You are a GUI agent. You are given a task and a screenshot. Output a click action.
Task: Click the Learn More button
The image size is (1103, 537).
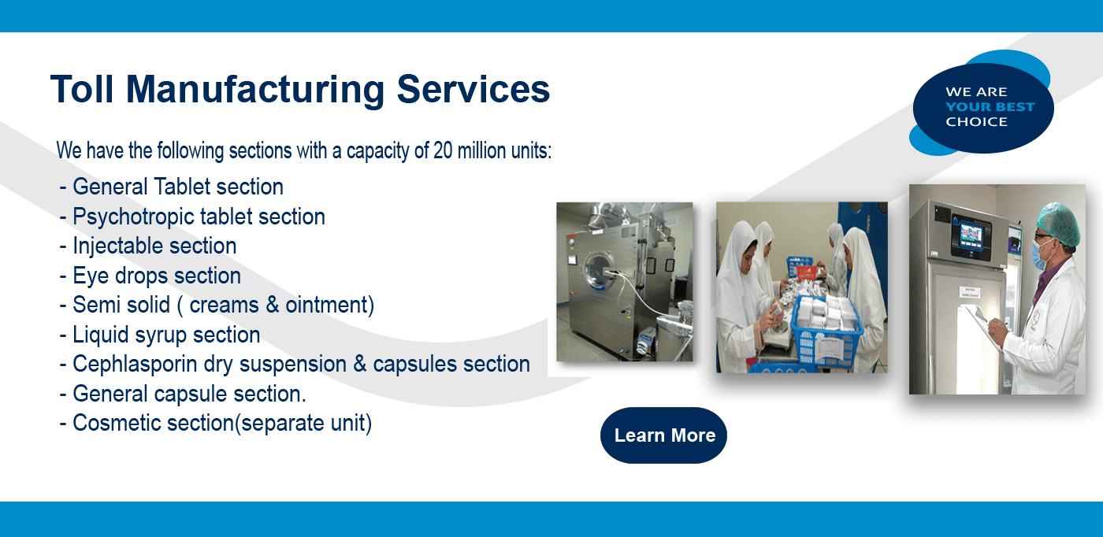click(663, 435)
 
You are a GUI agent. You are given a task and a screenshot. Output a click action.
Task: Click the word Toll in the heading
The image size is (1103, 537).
click(82, 89)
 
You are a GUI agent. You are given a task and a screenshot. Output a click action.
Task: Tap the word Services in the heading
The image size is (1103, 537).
click(474, 89)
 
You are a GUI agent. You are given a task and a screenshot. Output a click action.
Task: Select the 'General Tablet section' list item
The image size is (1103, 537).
click(172, 187)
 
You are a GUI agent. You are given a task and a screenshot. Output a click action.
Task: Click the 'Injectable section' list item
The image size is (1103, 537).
click(148, 246)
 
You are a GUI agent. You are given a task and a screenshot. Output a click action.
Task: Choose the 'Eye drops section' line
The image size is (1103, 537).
click(150, 276)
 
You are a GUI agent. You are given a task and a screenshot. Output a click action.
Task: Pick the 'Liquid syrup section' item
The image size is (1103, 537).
click(159, 335)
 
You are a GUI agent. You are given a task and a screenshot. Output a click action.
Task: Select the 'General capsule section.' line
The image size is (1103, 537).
click(183, 394)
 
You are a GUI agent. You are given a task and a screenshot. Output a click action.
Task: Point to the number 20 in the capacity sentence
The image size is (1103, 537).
click(443, 150)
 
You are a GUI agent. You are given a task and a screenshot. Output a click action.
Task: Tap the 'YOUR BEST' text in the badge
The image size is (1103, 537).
click(990, 107)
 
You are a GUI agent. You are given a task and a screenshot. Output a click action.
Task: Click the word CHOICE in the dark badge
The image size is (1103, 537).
click(976, 121)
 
